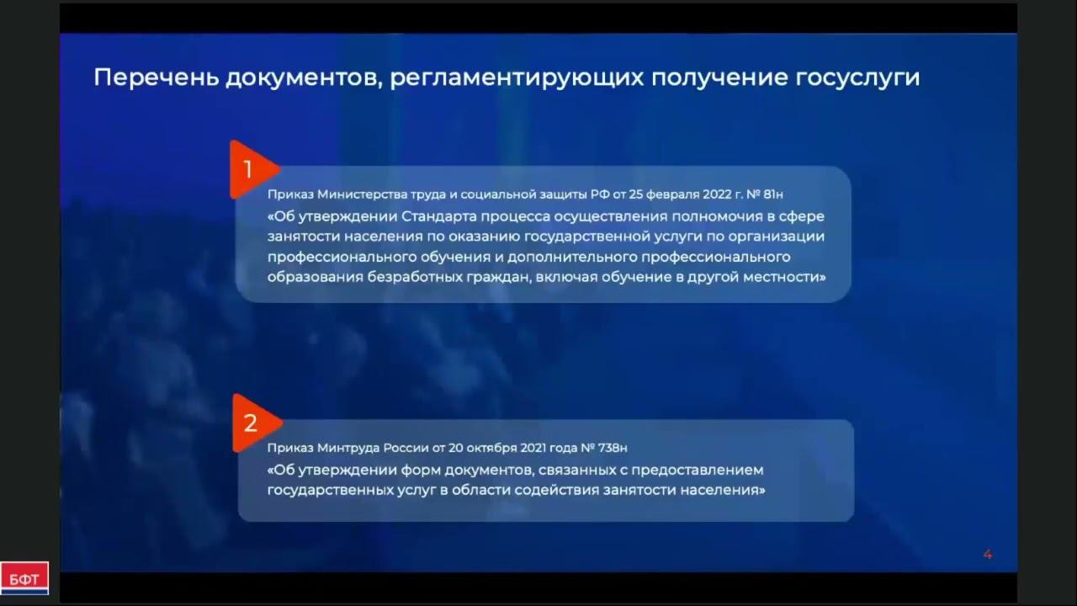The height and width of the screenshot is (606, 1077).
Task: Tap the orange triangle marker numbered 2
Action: (x=252, y=423)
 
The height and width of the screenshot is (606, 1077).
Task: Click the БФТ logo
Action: (x=24, y=578)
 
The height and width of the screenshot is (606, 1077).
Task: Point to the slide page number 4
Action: (x=988, y=554)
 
